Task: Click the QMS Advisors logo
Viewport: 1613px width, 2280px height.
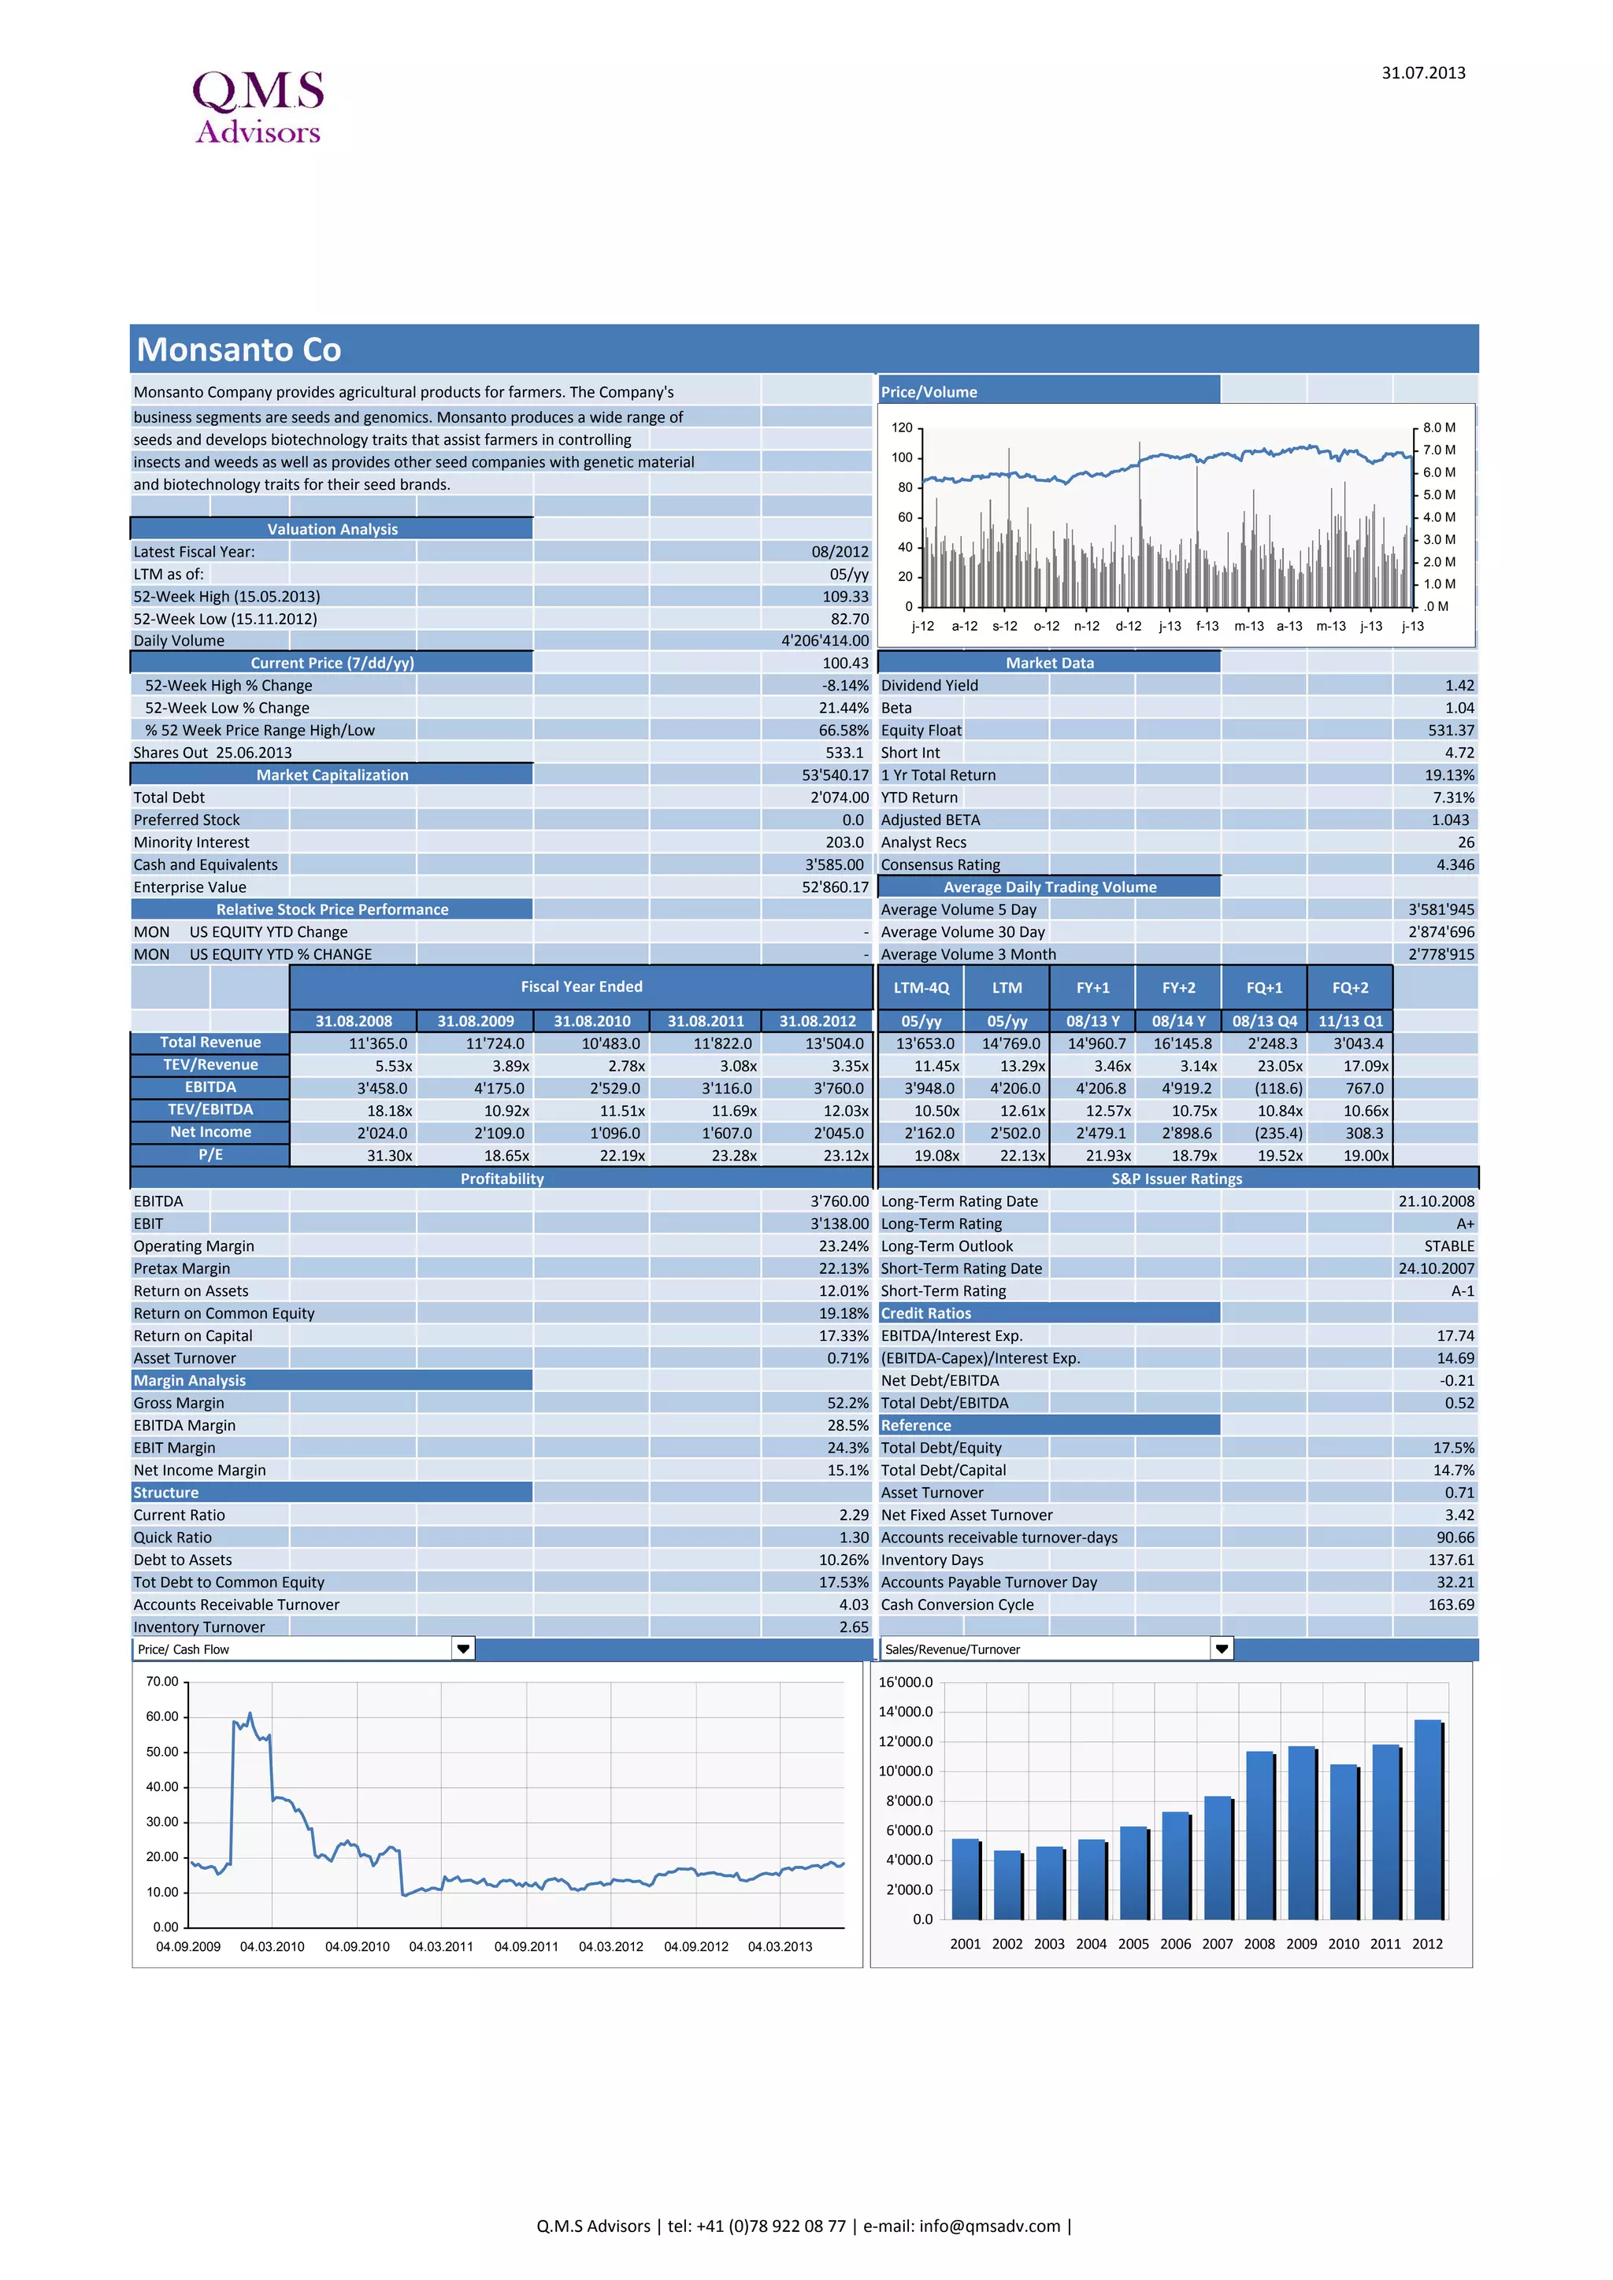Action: [258, 107]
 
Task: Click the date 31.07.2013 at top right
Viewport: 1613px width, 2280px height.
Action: [1422, 72]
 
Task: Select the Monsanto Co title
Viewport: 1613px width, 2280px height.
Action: [239, 350]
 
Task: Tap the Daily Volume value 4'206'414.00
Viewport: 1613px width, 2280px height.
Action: [825, 641]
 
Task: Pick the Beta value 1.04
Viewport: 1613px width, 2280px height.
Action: [1459, 708]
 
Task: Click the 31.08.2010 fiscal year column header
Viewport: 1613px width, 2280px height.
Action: [592, 1021]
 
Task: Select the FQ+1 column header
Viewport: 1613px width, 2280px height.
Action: [1264, 987]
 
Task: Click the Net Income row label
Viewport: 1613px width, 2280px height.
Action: [210, 1132]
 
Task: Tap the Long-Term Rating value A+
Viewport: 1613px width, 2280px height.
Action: [1465, 1223]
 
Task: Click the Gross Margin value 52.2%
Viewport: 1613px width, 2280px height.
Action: [847, 1403]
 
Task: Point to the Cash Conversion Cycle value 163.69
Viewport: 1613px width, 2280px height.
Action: [1451, 1605]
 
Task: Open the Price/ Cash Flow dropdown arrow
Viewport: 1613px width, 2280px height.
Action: [463, 1649]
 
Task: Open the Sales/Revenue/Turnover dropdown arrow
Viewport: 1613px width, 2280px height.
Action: [1222, 1649]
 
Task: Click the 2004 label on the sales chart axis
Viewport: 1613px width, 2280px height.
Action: [1091, 1943]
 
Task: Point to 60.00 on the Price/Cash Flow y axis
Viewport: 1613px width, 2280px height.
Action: [162, 1717]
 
